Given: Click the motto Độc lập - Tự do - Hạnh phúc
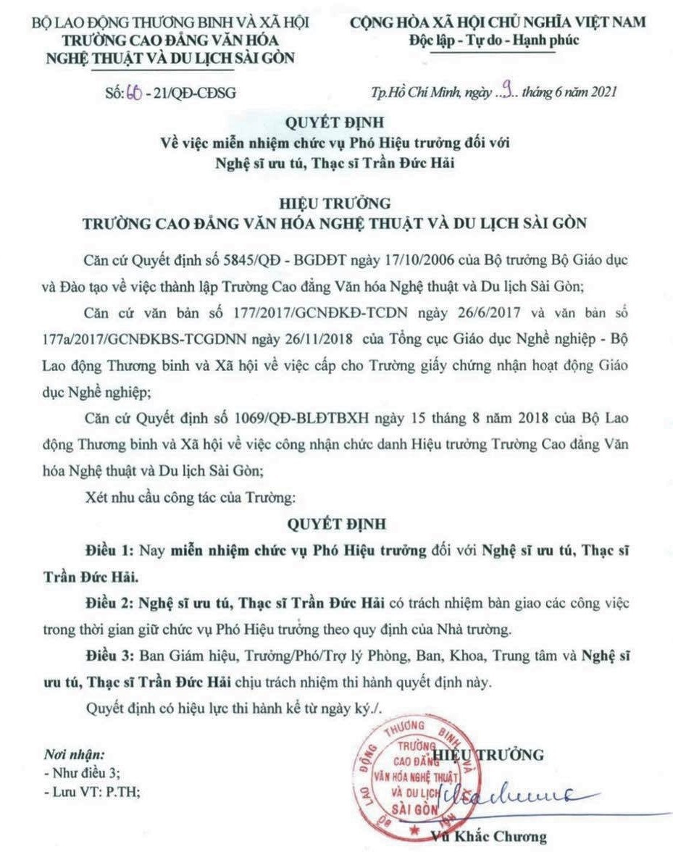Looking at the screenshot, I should pos(494,40).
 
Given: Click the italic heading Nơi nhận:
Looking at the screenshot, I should pos(69,754).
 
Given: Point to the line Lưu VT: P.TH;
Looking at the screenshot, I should pos(92,792).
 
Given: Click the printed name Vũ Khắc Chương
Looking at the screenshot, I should pos(488,837).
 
